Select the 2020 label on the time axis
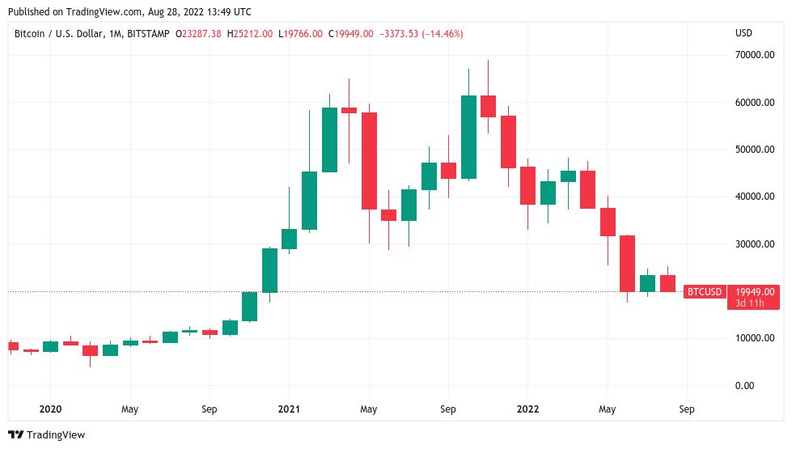[x=50, y=409]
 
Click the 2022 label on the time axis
[x=527, y=409]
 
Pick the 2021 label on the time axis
[x=289, y=409]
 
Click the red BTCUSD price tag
[x=704, y=292]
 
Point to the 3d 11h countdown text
[x=752, y=303]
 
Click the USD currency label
[x=743, y=33]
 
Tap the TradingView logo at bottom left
[x=47, y=435]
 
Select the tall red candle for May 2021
[x=369, y=161]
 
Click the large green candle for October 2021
[x=468, y=137]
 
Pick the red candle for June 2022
[x=627, y=264]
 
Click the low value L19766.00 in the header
[x=301, y=34]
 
